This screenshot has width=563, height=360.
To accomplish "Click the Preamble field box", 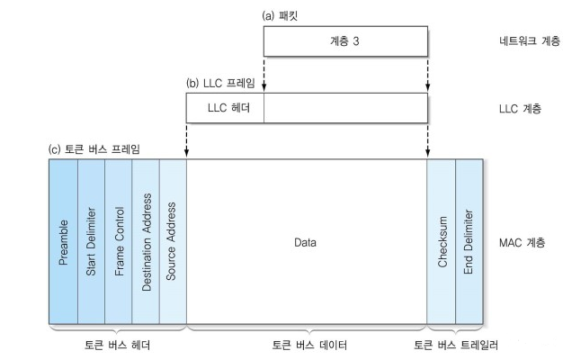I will tap(64, 242).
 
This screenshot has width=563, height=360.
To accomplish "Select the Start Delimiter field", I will tap(91, 242).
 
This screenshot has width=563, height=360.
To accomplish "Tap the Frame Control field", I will tap(119, 242).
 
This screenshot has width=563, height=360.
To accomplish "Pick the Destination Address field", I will tap(146, 242).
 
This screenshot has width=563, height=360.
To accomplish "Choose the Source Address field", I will tap(173, 242).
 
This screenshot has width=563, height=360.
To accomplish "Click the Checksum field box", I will tap(442, 242).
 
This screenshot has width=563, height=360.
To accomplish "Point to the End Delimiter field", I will tap(469, 242).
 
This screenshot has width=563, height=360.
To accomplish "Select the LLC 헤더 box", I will tap(225, 109).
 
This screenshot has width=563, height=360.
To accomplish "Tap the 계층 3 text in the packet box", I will tap(345, 40).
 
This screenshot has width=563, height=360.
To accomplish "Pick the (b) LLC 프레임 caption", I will tap(220, 84).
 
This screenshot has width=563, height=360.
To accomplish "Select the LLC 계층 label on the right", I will tap(521, 110).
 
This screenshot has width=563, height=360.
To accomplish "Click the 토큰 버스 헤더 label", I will tap(117, 345).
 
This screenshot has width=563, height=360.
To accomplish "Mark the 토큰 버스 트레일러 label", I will tap(456, 345).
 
